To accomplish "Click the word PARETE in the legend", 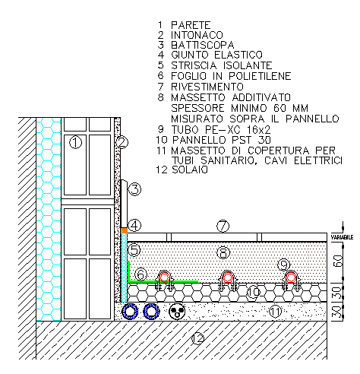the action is (191, 25).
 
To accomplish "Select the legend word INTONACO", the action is (197, 35).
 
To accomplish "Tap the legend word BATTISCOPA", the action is (203, 45).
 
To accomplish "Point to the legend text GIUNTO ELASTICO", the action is (216, 55).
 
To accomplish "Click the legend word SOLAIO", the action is (190, 170).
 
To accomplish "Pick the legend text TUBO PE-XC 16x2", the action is (221, 129).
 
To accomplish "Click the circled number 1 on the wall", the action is (75, 142).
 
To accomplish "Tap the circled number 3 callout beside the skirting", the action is (134, 189).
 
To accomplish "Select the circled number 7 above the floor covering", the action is (223, 226).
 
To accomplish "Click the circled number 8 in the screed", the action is (223, 252).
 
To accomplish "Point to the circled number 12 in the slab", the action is (197, 338).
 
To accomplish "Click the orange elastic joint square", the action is (124, 230).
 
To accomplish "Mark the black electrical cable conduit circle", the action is (177, 311).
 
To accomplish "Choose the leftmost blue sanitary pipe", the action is (130, 311).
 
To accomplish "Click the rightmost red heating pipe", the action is (291, 277).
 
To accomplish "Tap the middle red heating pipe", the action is (227, 277).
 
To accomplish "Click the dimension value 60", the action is (338, 261).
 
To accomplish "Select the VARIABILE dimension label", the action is (342, 237).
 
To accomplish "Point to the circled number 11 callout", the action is (275, 311).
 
